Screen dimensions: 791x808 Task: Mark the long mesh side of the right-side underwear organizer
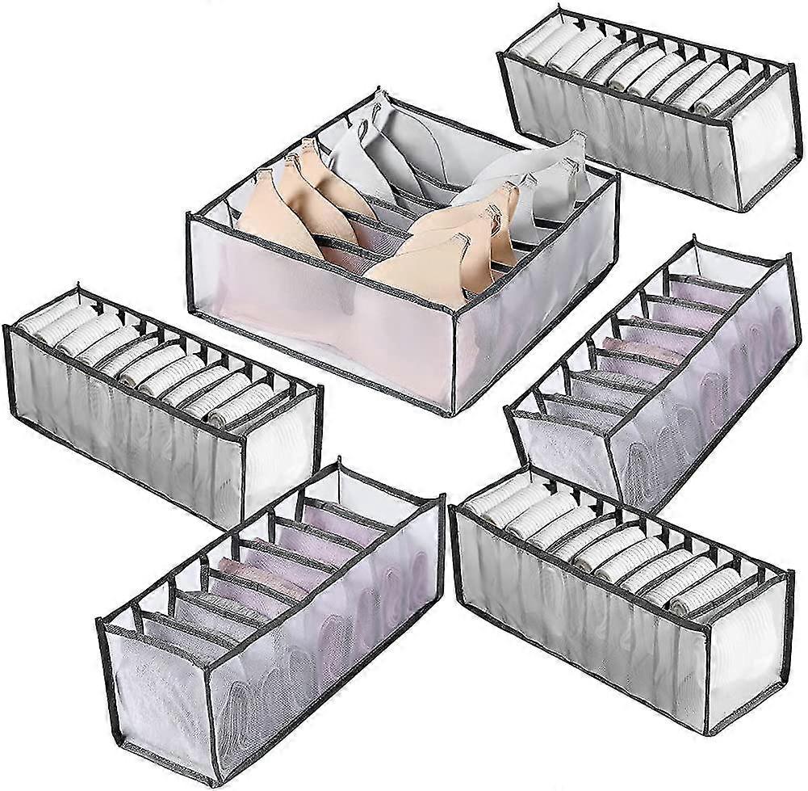(710, 380)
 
